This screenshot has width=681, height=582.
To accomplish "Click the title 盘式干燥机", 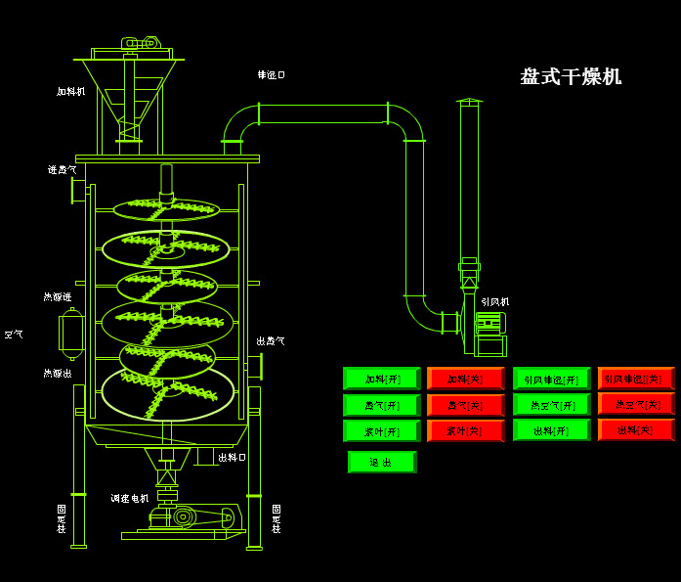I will point(571,77).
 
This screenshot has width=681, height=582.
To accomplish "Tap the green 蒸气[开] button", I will point(381,405).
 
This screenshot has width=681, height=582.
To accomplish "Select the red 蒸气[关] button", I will point(465,405).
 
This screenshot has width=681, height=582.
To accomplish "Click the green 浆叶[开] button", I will point(381,431).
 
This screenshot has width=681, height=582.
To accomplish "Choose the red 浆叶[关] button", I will point(465,431).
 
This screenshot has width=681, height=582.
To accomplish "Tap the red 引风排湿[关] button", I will point(636,379).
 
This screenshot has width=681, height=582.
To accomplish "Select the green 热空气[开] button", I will point(551,405).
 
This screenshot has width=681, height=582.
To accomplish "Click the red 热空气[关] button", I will point(636,405).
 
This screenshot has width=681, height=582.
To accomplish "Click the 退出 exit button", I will point(381,463).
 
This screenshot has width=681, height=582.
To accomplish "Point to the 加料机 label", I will point(70,92).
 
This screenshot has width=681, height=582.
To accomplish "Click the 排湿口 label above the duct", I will point(271,75).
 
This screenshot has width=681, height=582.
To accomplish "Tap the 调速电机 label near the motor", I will point(129,499).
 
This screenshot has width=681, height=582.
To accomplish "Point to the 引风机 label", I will point(494,302).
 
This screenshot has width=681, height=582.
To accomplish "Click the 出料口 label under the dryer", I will point(232,457).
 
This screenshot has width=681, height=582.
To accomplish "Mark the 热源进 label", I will point(57,297).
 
